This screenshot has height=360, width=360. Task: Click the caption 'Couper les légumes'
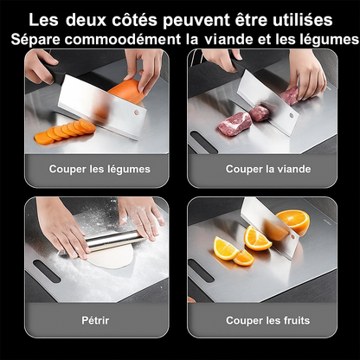click(99, 169)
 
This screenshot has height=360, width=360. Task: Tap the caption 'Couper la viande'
click(268, 169)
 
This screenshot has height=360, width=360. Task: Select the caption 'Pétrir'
click(95, 320)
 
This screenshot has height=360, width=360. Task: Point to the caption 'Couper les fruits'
click(268, 320)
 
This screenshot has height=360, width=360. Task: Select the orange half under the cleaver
click(293, 222)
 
